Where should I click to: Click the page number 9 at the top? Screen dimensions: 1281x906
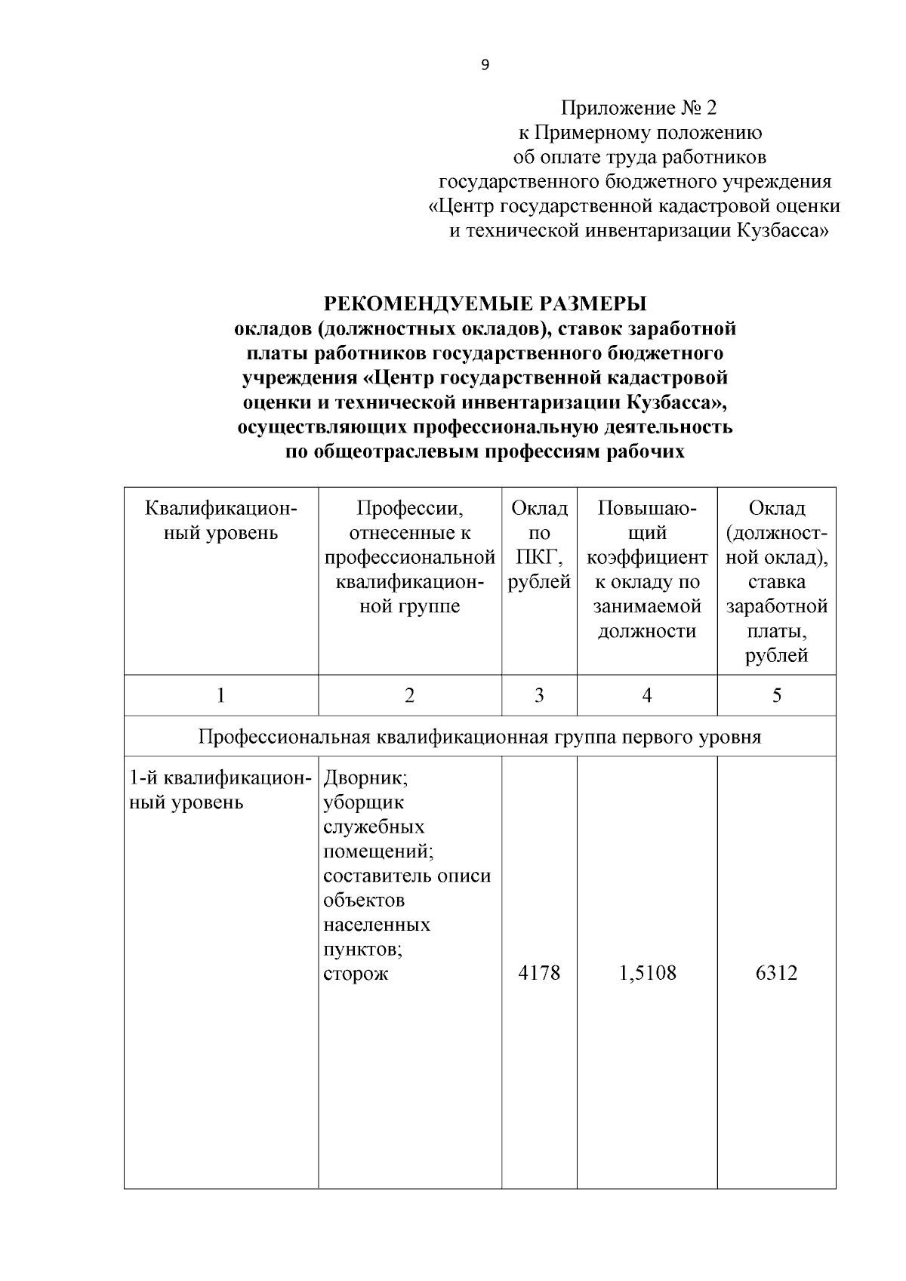click(x=485, y=66)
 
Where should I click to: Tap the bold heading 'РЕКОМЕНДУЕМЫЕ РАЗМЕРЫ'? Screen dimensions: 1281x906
click(x=485, y=304)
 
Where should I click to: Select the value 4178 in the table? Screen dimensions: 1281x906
click(x=539, y=973)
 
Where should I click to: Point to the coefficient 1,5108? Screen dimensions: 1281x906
click(x=647, y=973)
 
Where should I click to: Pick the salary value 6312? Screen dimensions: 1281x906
click(x=776, y=973)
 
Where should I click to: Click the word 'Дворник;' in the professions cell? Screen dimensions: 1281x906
click(x=366, y=778)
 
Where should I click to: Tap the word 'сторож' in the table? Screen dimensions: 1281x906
click(x=356, y=973)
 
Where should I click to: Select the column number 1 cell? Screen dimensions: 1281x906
click(x=220, y=695)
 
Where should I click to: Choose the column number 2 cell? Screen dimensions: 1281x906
click(x=409, y=695)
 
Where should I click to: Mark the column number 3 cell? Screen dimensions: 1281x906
click(x=539, y=695)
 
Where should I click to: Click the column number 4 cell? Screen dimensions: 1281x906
click(x=647, y=695)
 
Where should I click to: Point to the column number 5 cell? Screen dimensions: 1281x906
click(x=776, y=695)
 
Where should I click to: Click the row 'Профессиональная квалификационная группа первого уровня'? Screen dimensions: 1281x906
click(x=479, y=737)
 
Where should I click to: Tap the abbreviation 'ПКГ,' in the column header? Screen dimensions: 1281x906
click(x=539, y=558)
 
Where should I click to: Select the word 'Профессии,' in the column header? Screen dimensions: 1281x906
click(x=409, y=509)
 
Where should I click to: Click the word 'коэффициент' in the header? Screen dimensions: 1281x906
click(x=647, y=558)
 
